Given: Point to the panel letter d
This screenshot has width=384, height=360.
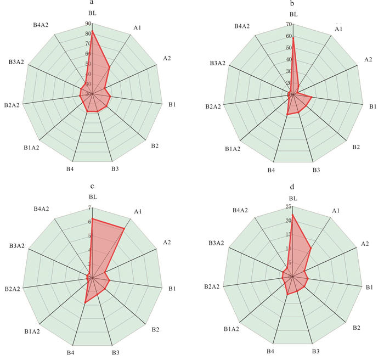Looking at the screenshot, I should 293,187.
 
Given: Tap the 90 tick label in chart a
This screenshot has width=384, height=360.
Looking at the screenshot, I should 88,24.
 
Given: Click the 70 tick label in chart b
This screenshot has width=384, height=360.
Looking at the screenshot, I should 289,24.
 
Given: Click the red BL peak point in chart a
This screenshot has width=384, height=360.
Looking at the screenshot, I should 93,31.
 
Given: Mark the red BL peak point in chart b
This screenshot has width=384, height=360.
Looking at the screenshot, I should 293,37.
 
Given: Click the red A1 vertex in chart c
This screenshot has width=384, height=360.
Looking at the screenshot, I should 125,228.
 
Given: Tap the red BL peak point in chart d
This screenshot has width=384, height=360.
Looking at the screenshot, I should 293,215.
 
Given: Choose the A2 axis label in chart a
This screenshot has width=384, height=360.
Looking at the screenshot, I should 160,59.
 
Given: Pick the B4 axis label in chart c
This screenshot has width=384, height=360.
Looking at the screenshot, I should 70,353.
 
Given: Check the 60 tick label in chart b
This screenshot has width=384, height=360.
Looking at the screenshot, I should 289,36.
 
